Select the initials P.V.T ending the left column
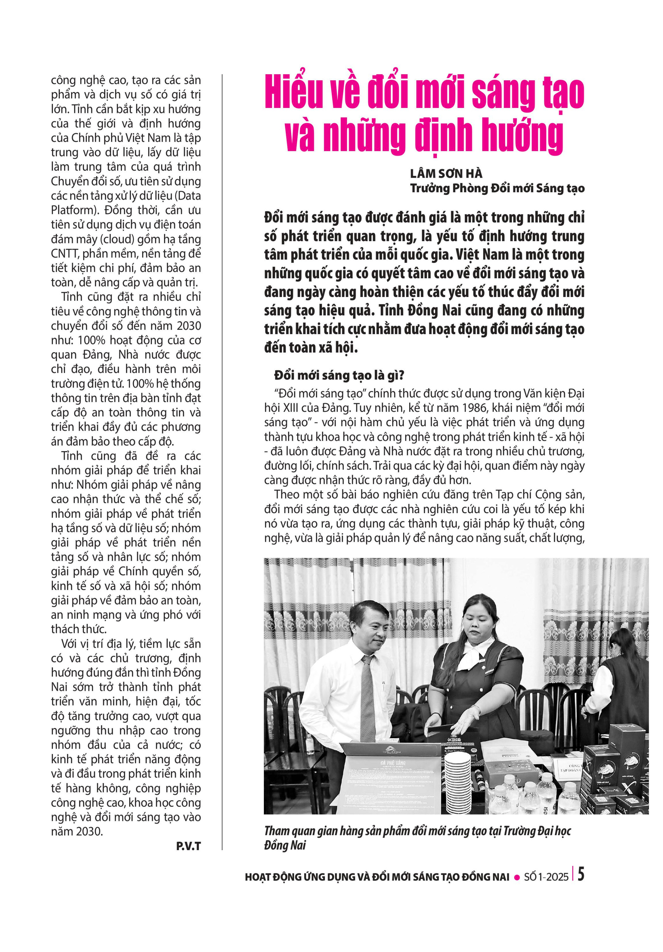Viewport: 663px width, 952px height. coord(188,846)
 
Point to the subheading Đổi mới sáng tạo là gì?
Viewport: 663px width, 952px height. coord(339,375)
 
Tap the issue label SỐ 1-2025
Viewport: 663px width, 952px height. coord(546,877)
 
